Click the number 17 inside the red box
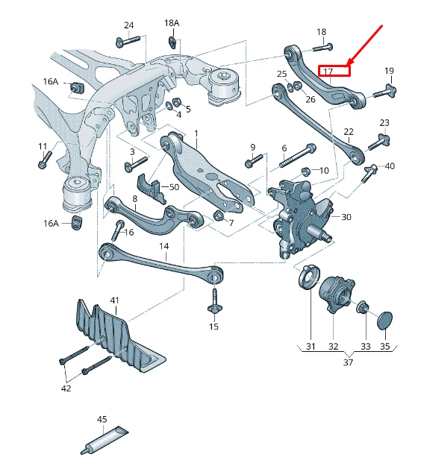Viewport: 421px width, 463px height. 329,72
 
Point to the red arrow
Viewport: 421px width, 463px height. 366,45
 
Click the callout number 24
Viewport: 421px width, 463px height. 129,25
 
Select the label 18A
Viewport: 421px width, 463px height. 172,23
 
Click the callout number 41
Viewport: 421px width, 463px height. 114,300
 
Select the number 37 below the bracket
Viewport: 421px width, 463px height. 349,362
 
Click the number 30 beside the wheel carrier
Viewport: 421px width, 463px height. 346,217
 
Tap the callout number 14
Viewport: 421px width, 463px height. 163,246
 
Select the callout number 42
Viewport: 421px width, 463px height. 66,388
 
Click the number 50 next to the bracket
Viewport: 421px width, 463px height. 174,186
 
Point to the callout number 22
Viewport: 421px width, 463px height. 349,132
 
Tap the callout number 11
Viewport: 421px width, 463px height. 43,146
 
